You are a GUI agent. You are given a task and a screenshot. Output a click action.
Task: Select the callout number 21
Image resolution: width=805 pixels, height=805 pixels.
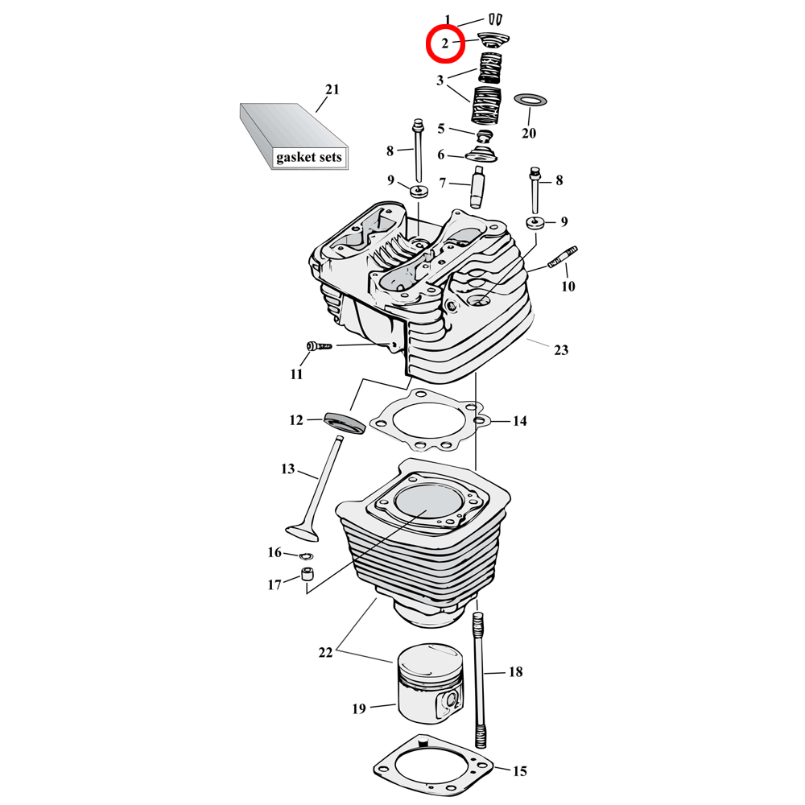[x=332, y=89]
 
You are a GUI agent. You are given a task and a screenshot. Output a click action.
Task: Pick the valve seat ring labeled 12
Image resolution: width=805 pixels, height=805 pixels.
[x=344, y=422]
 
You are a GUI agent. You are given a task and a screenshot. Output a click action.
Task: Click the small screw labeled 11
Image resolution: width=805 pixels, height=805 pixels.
[x=320, y=347]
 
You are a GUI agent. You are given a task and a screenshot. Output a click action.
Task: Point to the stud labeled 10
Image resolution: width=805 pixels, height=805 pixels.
[x=563, y=259]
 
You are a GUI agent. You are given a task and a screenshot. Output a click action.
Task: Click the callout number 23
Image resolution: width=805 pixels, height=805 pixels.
[x=561, y=350]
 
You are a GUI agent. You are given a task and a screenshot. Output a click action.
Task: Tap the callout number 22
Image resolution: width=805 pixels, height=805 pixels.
[x=325, y=653]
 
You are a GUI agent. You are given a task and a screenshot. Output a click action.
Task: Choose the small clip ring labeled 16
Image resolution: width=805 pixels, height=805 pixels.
[x=306, y=555]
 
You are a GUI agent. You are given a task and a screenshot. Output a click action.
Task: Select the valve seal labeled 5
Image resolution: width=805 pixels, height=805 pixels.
[x=485, y=135]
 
